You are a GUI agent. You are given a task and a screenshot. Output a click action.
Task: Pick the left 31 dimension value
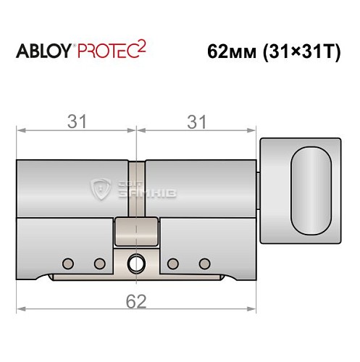(x=75, y=122)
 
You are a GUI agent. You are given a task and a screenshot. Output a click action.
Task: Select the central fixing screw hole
(x=135, y=262)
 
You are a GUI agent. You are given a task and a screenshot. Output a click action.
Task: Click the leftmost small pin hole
(x=68, y=262)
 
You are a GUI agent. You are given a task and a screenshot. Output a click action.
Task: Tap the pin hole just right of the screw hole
(x=172, y=262)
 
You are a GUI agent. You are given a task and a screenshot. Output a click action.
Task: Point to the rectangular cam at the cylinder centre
(x=135, y=232)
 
